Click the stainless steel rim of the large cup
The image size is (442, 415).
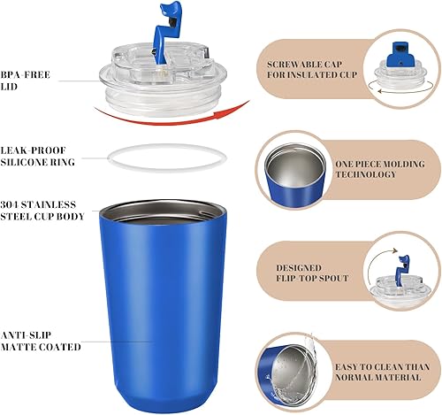(164, 210)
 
